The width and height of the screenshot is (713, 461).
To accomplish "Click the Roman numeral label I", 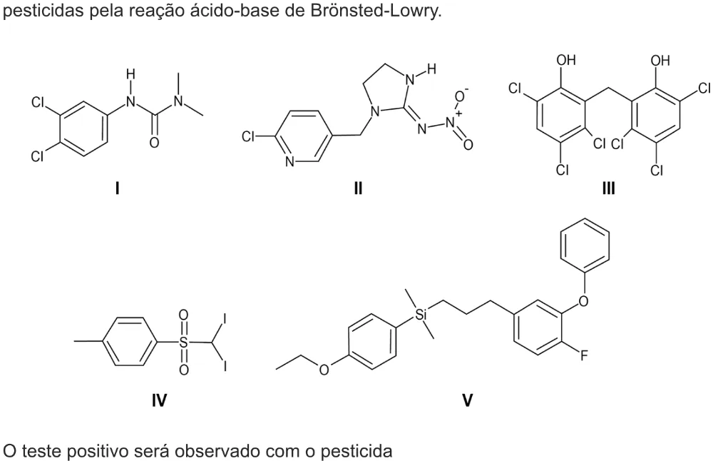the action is click(x=118, y=188).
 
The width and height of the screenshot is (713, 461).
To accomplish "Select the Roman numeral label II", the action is click(x=359, y=188).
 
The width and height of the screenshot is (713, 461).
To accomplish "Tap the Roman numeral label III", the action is click(x=608, y=188).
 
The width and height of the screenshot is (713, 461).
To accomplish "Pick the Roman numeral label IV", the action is click(x=159, y=400).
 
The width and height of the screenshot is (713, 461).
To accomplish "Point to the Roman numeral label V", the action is click(x=467, y=400).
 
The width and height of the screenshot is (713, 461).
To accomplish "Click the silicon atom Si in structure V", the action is click(x=421, y=314).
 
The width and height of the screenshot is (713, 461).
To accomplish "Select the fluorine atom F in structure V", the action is click(x=583, y=355).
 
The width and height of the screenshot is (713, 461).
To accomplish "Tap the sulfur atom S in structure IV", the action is click(x=183, y=343).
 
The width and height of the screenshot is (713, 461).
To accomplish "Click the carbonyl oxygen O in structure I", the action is click(x=154, y=143).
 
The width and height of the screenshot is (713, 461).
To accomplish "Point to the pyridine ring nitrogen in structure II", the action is click(x=290, y=161).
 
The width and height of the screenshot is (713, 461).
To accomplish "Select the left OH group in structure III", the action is click(x=565, y=60).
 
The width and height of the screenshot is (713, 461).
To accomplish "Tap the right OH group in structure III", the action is click(x=660, y=60).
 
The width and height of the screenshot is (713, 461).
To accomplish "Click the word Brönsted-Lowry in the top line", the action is click(x=376, y=11).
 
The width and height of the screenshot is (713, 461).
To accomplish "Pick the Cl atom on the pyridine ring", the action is click(x=248, y=136).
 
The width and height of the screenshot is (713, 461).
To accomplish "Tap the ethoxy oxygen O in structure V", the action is click(x=324, y=370).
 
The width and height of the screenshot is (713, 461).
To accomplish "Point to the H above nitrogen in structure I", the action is click(x=131, y=74).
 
